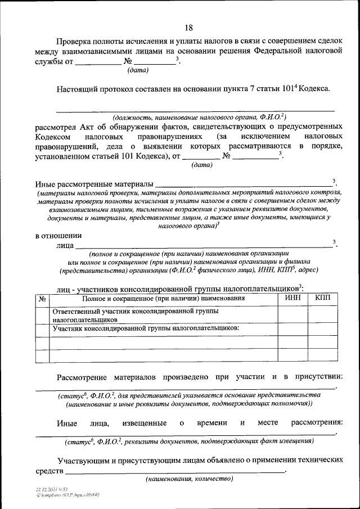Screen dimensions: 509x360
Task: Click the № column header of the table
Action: tap(42, 298)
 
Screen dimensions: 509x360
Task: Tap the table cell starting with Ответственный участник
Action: tap(163, 314)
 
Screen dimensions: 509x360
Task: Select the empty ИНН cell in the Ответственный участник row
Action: tap(292, 314)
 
